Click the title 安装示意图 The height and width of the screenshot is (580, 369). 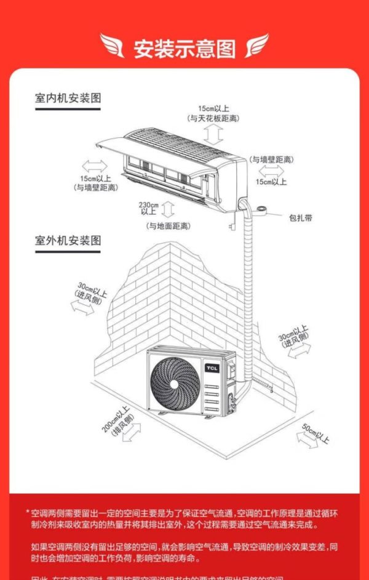point(184,48)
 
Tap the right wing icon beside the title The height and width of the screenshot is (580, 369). point(256,46)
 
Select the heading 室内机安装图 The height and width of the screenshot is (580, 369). point(68,98)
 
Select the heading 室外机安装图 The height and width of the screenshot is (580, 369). point(68,241)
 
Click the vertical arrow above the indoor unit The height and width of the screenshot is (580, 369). point(213,133)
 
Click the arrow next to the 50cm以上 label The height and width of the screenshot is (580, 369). point(306,439)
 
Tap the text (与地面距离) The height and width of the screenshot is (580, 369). point(168,226)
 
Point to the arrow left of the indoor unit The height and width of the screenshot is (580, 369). point(93,164)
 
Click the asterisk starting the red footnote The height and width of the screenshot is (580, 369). point(28,512)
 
